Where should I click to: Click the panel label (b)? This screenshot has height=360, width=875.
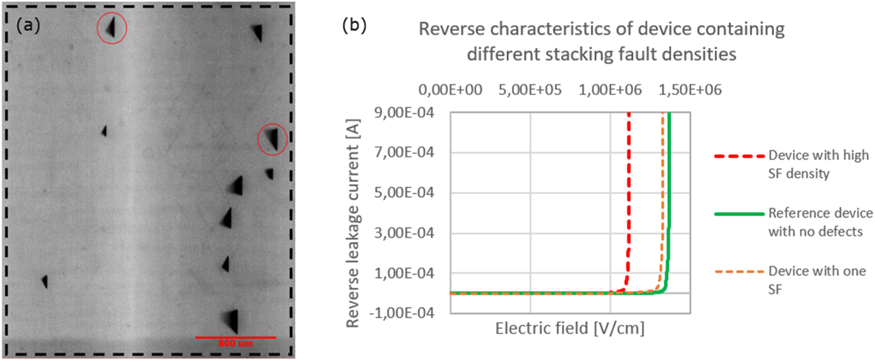pyautogui.click(x=354, y=25)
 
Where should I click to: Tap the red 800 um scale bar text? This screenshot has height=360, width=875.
pyautogui.click(x=235, y=343)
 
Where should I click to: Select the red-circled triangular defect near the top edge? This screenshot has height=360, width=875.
pyautogui.click(x=111, y=27)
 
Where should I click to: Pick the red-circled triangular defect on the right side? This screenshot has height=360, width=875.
pyautogui.click(x=273, y=139)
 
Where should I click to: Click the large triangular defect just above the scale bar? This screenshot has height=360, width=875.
pyautogui.click(x=231, y=321)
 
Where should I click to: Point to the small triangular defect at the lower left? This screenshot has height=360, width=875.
pyautogui.click(x=45, y=281)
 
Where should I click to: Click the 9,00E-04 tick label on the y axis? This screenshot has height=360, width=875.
pyautogui.click(x=404, y=112)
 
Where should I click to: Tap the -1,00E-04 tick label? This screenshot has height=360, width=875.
pyautogui.click(x=401, y=313)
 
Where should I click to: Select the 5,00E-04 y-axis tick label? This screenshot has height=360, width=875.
pyautogui.click(x=404, y=193)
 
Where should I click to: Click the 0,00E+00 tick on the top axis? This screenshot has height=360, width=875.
pyautogui.click(x=450, y=90)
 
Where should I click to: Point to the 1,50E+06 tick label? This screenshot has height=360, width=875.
pyautogui.click(x=690, y=90)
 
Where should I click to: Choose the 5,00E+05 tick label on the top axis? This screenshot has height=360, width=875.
pyautogui.click(x=530, y=90)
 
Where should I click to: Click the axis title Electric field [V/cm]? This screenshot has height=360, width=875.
pyautogui.click(x=570, y=328)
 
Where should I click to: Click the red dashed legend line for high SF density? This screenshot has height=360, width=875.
pyautogui.click(x=739, y=156)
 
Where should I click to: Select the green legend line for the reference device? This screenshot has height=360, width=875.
pyautogui.click(x=739, y=214)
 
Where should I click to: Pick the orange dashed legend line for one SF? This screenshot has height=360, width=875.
pyautogui.click(x=739, y=272)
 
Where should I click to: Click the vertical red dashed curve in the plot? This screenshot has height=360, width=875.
pyautogui.click(x=629, y=193)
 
